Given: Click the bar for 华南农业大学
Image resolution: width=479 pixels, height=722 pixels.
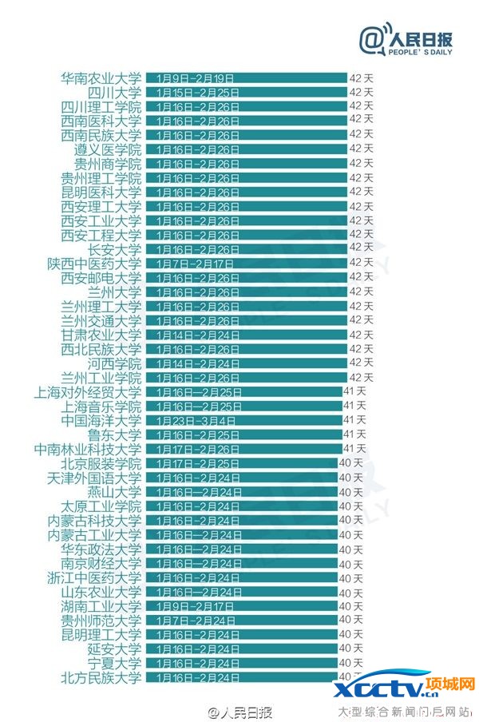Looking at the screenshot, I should click(246, 78).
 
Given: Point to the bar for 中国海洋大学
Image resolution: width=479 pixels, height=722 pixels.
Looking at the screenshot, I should click(244, 421).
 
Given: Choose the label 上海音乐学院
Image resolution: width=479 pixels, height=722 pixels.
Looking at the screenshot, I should click(101, 407).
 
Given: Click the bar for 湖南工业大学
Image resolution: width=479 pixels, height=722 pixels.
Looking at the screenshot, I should click(242, 606).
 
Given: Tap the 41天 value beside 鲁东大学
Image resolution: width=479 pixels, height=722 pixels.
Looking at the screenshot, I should click(354, 434).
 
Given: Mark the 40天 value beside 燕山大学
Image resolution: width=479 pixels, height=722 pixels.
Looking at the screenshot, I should click(351, 492).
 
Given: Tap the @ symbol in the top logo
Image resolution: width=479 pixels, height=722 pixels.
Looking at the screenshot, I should click(371, 40).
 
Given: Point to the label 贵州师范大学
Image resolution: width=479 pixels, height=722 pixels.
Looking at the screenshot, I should click(101, 621).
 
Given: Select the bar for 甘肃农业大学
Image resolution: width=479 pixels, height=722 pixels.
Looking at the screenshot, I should click(246, 335).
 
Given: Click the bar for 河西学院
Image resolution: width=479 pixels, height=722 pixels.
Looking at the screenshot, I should click(246, 363).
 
